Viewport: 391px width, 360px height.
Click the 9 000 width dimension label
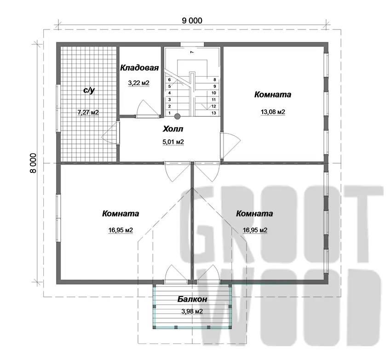tap(192, 20)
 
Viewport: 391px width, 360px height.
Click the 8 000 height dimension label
tap(33, 163)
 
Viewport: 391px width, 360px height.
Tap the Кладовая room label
tap(139, 68)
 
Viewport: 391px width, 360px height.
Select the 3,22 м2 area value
tap(138, 83)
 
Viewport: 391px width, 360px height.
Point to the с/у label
tap(89, 90)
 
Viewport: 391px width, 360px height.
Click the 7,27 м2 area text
tap(88, 113)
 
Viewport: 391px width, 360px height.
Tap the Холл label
tap(173, 129)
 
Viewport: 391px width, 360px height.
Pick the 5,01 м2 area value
tap(173, 142)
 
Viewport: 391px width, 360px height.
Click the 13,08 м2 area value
tap(273, 112)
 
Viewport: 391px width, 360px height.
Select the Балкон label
tap(192, 299)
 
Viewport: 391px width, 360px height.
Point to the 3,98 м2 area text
tap(192, 311)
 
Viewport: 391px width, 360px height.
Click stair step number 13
tap(214, 113)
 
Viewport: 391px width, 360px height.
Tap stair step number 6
tap(170, 80)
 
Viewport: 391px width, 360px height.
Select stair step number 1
tap(170, 113)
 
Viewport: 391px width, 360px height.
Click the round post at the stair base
tap(177, 116)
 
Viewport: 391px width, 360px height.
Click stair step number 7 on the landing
tap(192, 52)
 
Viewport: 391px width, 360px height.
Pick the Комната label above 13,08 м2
tap(273, 95)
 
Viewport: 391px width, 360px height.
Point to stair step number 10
tap(214, 93)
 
